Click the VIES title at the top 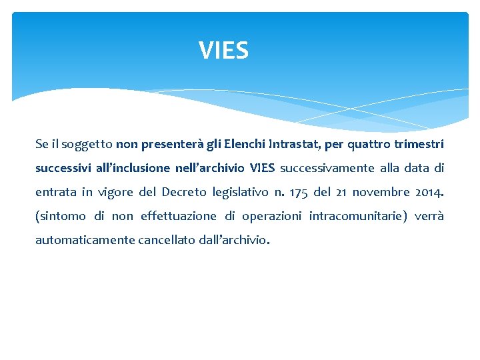coord(223,51)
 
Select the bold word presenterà coord(167,144)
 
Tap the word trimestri coord(419,144)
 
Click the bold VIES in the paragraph coord(262,168)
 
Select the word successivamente coord(321,168)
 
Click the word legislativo coord(240,192)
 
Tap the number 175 coord(299,192)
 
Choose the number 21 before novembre coord(340,192)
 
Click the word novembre coord(381,192)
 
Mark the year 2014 coord(429,192)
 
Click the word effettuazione coord(179,216)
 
